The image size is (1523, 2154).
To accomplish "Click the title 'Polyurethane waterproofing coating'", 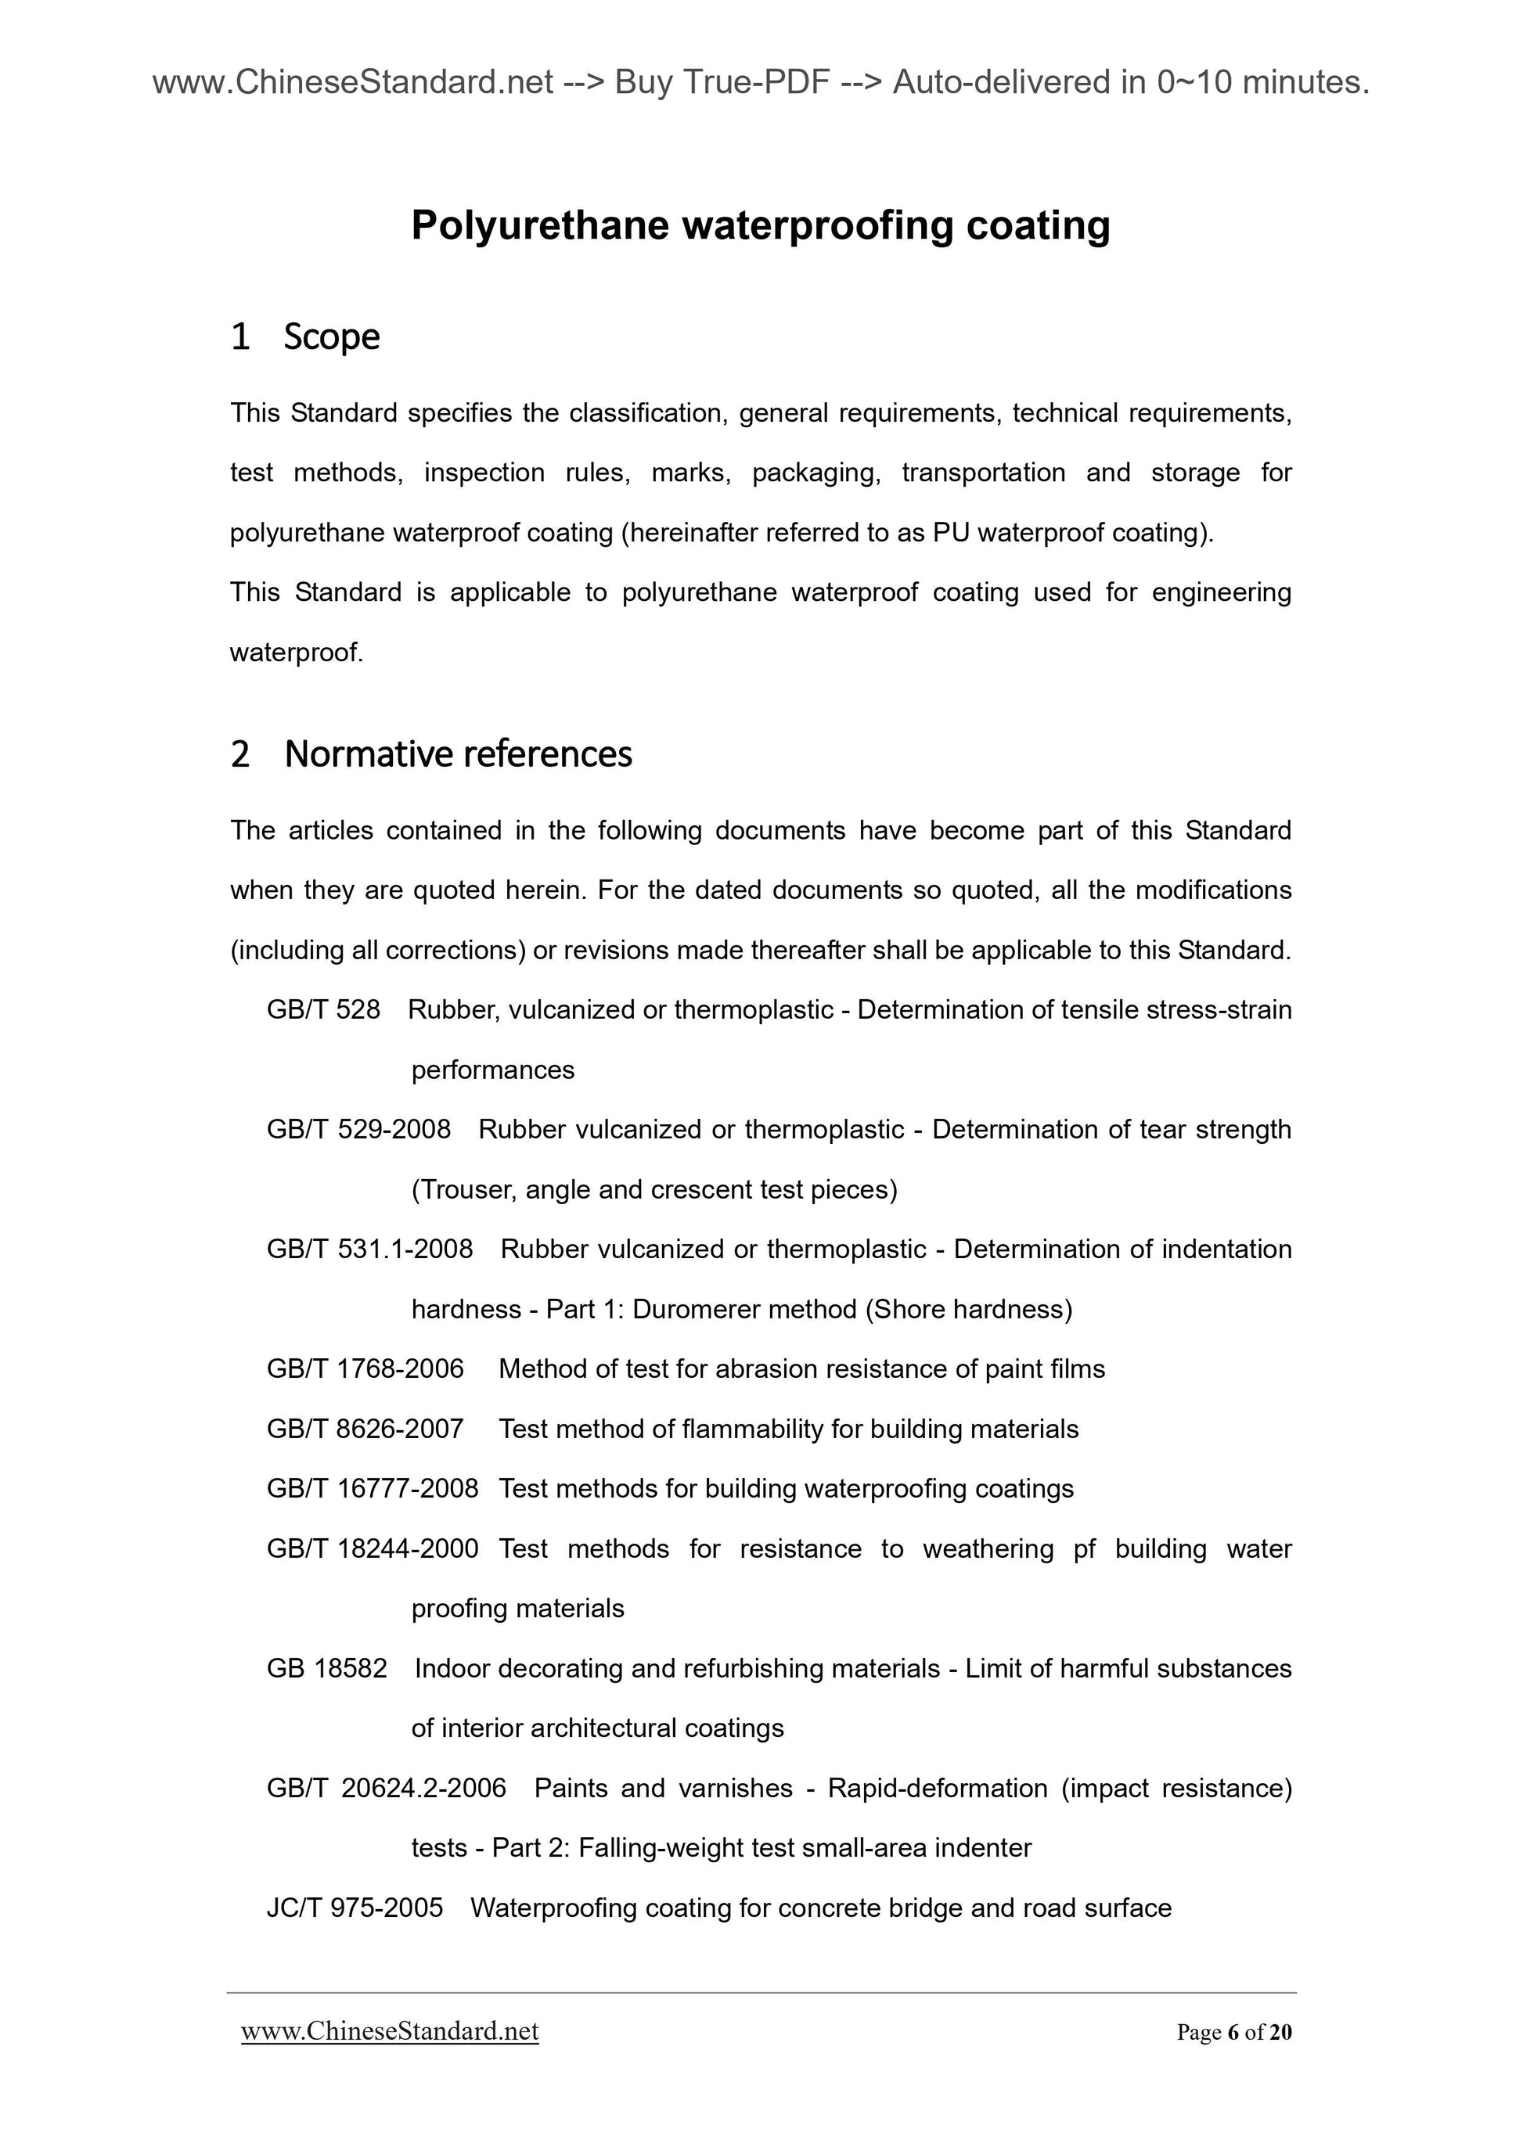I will click(760, 226).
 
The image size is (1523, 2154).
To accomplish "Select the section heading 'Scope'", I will click(331, 336).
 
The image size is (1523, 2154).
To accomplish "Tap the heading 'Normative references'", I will click(458, 754).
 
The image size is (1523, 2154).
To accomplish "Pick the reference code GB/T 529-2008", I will click(358, 1130).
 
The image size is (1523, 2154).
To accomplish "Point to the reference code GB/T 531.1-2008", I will click(369, 1250).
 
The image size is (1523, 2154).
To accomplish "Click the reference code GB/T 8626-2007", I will click(365, 1429).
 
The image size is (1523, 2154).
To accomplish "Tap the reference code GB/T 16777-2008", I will click(373, 1489).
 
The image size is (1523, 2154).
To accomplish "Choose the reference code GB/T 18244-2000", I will click(373, 1549).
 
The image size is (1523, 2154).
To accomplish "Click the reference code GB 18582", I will click(326, 1669).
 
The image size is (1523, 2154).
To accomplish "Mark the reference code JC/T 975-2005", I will click(355, 1908).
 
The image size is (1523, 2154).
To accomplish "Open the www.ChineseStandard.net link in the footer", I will click(390, 2032).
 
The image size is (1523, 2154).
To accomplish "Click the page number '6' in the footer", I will click(1231, 2033).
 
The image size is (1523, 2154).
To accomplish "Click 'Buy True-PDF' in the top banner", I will click(722, 84).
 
